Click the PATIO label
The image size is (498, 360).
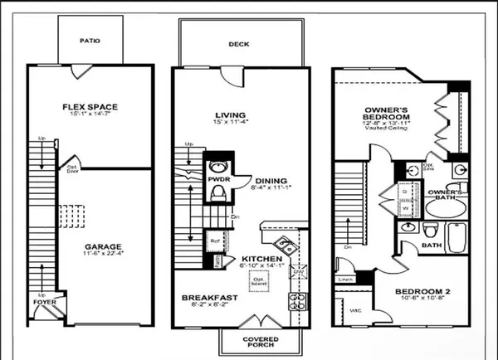pos(89,39)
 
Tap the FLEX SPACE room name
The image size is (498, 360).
pos(89,106)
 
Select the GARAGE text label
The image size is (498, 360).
pos(103,246)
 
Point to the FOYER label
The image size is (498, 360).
pos(44,303)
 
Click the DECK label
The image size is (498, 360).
pos(240,46)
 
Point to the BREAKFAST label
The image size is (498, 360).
pos(211,297)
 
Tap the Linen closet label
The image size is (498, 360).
pos(344,280)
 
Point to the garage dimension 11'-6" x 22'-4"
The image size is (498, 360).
pos(103,255)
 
